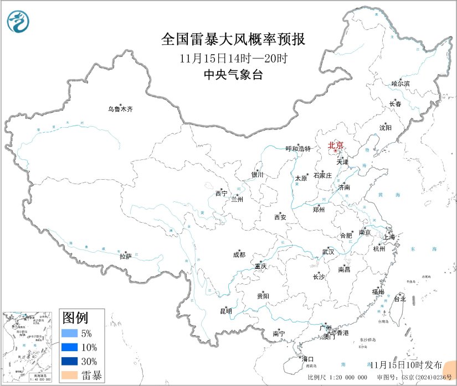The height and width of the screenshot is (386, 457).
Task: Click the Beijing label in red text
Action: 336,145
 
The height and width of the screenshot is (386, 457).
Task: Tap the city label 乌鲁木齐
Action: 120,109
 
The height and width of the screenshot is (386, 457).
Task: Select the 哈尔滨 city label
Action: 400,84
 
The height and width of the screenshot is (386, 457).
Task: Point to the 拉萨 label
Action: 126,256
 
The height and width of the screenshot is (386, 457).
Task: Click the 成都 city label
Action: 239,255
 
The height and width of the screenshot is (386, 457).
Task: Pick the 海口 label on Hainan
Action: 307,359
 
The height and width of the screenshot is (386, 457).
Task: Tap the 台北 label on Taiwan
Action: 399,299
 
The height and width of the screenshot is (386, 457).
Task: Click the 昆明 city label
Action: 226,311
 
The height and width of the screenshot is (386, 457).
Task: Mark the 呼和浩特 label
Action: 298,149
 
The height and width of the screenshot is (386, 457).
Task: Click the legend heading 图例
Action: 75,317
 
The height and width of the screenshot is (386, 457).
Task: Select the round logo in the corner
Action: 20,22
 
